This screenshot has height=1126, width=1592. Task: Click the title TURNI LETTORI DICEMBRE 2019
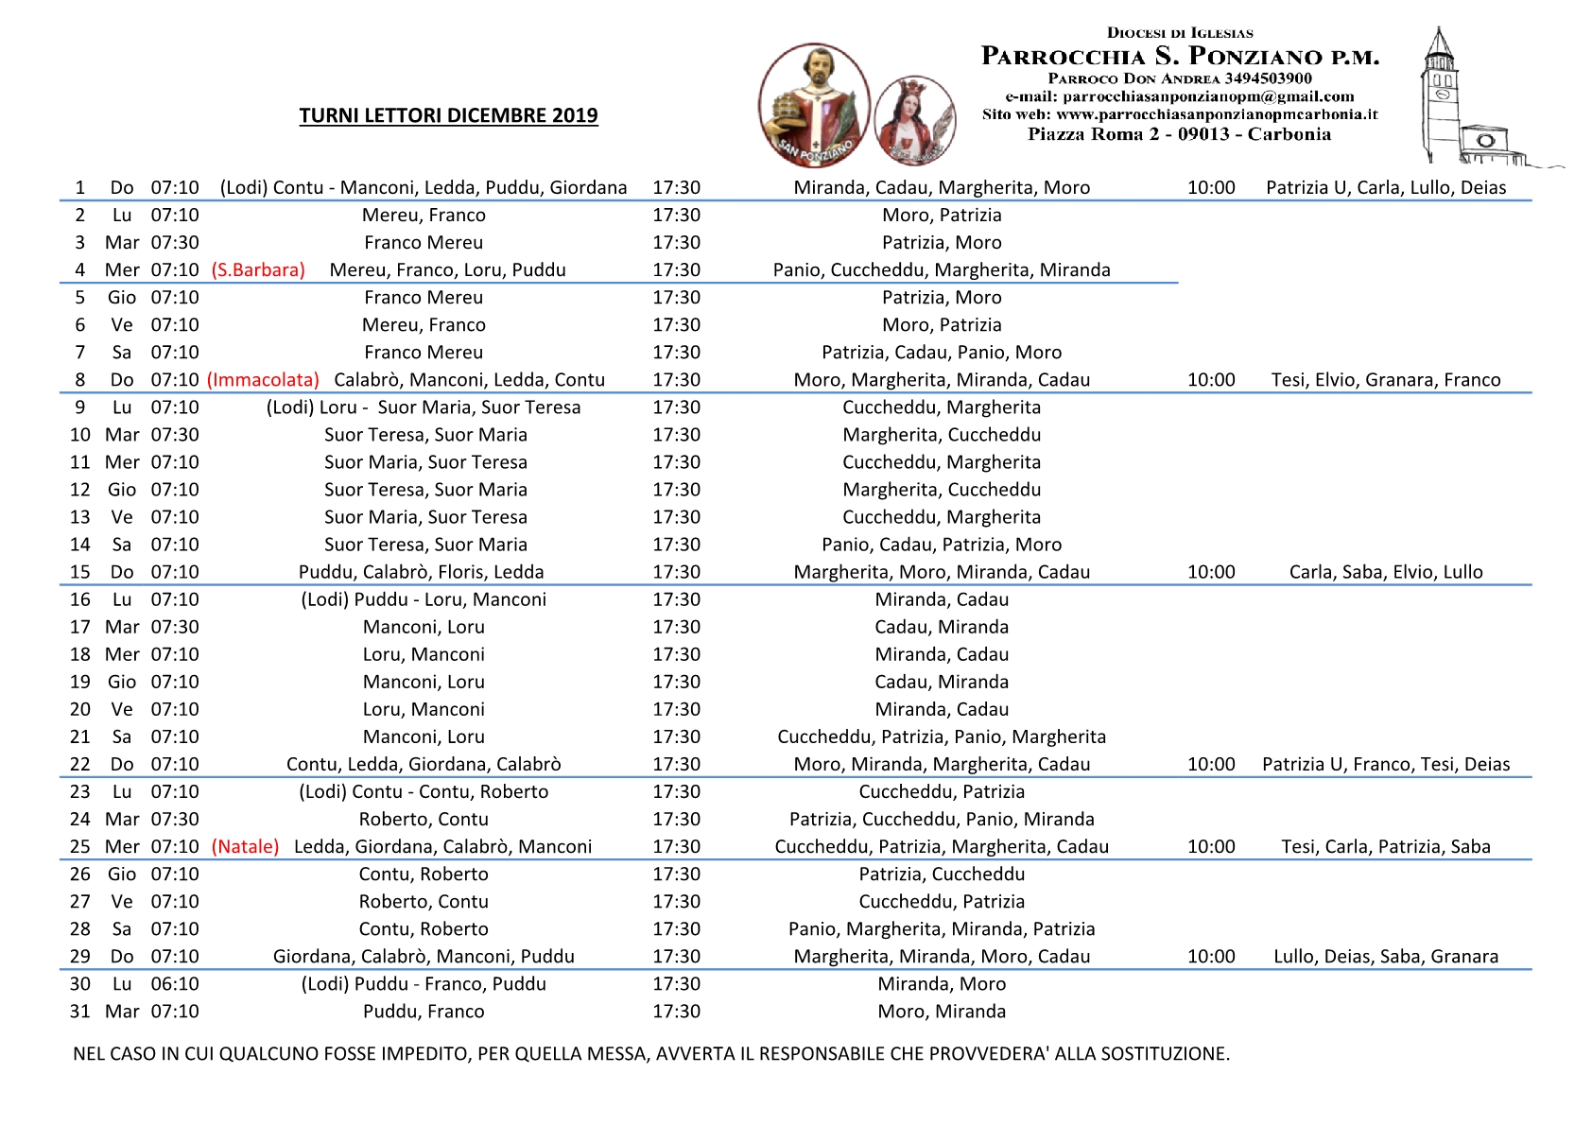448,115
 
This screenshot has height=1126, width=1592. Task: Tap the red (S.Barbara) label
258,269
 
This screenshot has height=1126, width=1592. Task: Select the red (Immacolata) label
263,379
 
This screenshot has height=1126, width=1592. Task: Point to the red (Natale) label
246,846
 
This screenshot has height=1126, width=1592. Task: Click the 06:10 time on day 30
175,983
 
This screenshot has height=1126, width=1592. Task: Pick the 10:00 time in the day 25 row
1211,846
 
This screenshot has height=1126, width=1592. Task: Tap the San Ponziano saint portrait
814,104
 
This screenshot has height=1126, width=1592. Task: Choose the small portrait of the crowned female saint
914,121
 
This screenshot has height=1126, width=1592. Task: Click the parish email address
1180,96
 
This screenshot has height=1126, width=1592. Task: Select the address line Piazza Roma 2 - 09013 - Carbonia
1180,134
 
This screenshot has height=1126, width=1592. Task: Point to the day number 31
80,1011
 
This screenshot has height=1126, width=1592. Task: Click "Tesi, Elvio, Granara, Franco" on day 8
1386,379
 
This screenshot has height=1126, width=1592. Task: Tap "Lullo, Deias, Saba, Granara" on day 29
1386,956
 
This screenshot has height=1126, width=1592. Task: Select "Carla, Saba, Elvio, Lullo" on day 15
1386,571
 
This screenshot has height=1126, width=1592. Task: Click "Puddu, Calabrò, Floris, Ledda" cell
422,571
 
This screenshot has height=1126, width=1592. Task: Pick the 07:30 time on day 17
175,626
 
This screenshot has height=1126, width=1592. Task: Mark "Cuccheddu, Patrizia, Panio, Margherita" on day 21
942,736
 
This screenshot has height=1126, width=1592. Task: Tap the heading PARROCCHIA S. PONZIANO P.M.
1180,57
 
